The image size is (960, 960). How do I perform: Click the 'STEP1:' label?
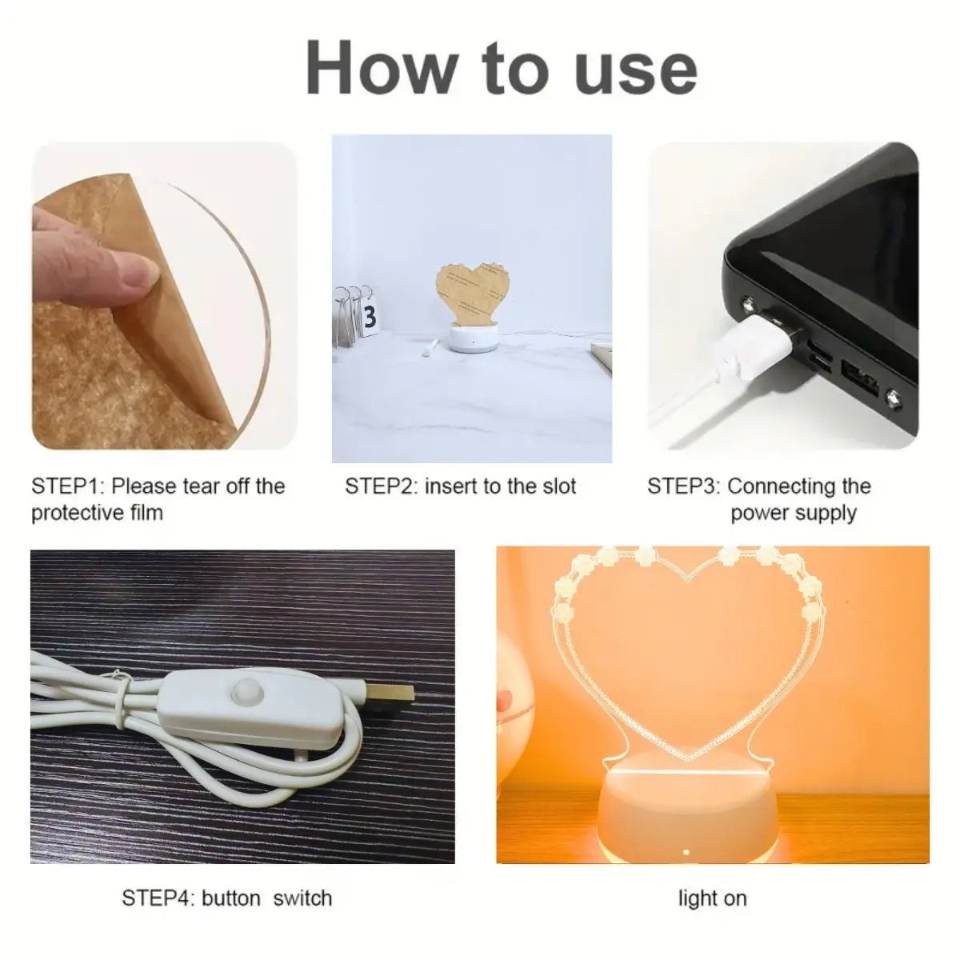(x=66, y=486)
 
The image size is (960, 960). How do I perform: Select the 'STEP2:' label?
(x=381, y=486)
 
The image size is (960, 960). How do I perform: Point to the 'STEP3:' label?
(x=683, y=486)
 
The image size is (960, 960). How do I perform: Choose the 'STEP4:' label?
(x=158, y=898)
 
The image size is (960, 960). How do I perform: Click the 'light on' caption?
(x=713, y=898)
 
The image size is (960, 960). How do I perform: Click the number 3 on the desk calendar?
(x=369, y=316)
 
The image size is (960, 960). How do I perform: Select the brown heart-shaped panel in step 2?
(x=472, y=294)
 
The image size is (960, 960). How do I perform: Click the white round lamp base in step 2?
(x=472, y=338)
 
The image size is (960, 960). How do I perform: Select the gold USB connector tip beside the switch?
(x=392, y=692)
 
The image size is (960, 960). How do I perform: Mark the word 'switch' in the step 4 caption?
(x=302, y=898)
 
